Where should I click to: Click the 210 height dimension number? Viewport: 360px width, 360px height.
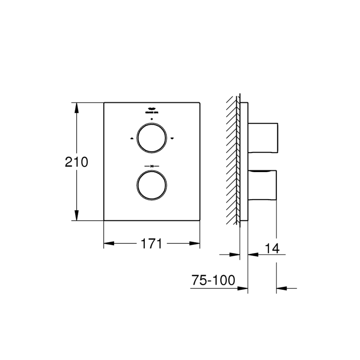(76, 162)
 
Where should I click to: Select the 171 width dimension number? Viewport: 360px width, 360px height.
(150, 244)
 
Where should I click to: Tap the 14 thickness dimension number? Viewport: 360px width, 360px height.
(272, 248)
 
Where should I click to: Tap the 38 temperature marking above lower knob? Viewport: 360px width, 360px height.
(152, 166)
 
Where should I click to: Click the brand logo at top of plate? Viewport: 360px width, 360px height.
(152, 110)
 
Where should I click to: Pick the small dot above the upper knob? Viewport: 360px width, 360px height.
(152, 119)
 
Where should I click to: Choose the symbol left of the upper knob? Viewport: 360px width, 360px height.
(131, 138)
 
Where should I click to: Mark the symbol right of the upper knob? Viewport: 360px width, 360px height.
(172, 138)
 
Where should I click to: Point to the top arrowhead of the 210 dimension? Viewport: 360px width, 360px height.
(77, 107)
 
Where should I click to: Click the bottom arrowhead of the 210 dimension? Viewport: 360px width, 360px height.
(77, 216)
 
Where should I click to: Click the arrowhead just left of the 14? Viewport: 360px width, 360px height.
(252, 254)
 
